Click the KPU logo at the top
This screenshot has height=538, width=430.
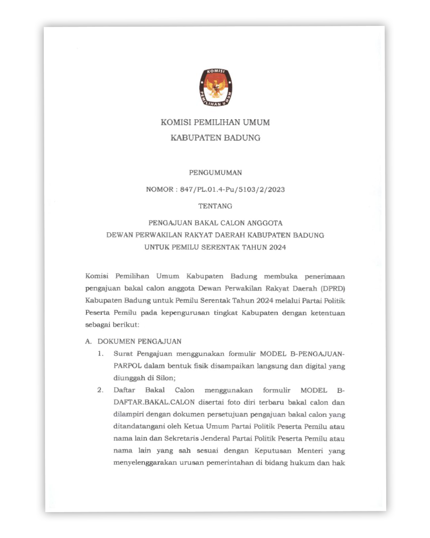[215, 87]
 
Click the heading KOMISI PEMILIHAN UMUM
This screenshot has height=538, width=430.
[215, 122]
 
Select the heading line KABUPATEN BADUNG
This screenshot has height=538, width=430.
[215, 138]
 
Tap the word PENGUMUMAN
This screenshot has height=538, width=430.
[215, 173]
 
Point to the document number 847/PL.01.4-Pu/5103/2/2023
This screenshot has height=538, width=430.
[232, 190]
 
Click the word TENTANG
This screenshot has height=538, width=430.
[215, 206]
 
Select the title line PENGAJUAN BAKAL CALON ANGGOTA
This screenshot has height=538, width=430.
[215, 223]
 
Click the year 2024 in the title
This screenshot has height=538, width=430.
[277, 247]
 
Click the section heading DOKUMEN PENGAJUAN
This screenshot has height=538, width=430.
[139, 342]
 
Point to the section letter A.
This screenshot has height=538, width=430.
[88, 342]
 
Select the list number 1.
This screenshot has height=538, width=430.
[101, 354]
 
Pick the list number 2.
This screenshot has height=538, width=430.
[100, 390]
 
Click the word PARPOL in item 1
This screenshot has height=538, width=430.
[127, 366]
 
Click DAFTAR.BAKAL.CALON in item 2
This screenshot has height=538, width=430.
[154, 403]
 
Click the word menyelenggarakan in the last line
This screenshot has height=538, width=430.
[145, 463]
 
